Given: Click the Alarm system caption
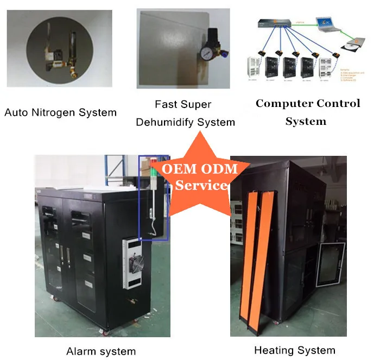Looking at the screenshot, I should click(x=101, y=351).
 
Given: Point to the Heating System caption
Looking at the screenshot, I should click(x=295, y=350).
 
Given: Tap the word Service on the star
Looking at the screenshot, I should click(x=201, y=185).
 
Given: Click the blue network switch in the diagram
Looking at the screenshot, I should click(x=282, y=23).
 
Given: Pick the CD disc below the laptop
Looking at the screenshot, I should click(x=353, y=46).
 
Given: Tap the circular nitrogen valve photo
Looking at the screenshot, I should click(x=60, y=48).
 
